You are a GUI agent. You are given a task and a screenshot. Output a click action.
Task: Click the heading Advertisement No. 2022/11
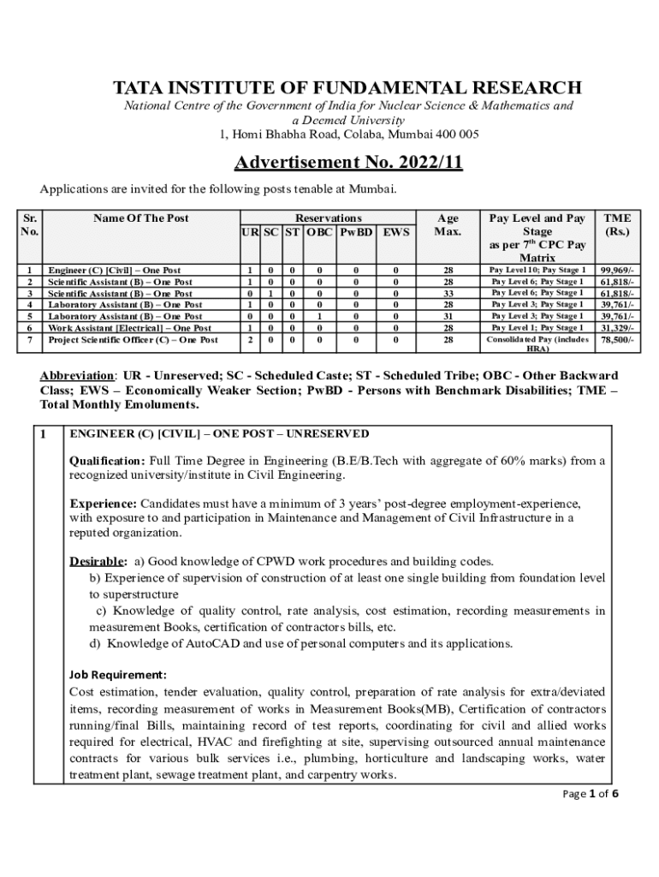(x=349, y=163)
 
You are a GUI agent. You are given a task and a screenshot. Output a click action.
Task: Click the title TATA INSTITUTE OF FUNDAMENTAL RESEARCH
(x=348, y=88)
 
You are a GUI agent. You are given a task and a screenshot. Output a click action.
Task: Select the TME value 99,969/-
(x=617, y=270)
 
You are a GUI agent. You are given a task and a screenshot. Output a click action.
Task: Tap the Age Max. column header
(x=448, y=225)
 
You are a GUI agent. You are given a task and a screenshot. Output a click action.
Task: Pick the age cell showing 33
(x=448, y=293)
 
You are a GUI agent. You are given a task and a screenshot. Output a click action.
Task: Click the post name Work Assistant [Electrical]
(x=128, y=328)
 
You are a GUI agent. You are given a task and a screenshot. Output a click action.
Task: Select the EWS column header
(x=395, y=232)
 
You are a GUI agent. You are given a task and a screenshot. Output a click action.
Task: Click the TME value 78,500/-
(x=617, y=340)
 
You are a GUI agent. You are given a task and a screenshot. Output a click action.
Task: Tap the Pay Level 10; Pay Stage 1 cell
(x=537, y=270)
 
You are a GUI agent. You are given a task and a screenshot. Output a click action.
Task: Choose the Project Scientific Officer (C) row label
(x=132, y=340)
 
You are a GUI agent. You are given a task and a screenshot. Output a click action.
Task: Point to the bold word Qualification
(x=107, y=461)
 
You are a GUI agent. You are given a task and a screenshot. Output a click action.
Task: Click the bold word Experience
(x=103, y=503)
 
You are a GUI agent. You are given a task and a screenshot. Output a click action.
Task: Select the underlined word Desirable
(x=98, y=562)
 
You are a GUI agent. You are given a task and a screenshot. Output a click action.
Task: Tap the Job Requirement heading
(x=118, y=673)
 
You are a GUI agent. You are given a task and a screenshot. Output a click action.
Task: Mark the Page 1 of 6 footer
(x=590, y=794)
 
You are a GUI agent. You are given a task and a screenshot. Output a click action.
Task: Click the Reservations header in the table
(x=328, y=218)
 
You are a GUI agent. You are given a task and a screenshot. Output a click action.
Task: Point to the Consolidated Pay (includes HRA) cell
(x=537, y=343)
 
